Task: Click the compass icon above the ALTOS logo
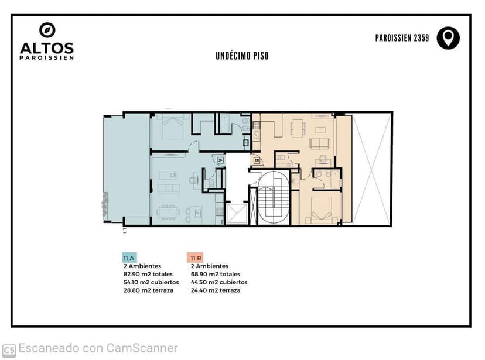pos(47,30)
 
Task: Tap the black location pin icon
pos(448,38)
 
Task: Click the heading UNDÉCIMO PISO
pos(242,56)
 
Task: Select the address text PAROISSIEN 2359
pos(402,38)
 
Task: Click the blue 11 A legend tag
pos(129,258)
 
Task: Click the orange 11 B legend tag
pos(195,258)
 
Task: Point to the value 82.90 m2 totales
pos(148,274)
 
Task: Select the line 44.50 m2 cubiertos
pos(219,282)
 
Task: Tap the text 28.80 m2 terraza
pos(148,290)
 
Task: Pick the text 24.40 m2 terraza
pos(216,290)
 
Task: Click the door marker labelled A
pos(220,160)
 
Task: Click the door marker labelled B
pos(257,160)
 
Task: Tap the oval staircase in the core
pos(274,198)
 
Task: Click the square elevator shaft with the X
pos(237,214)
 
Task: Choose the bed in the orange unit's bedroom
pos(322,210)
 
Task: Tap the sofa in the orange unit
pos(320,143)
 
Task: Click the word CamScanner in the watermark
pos(142,348)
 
